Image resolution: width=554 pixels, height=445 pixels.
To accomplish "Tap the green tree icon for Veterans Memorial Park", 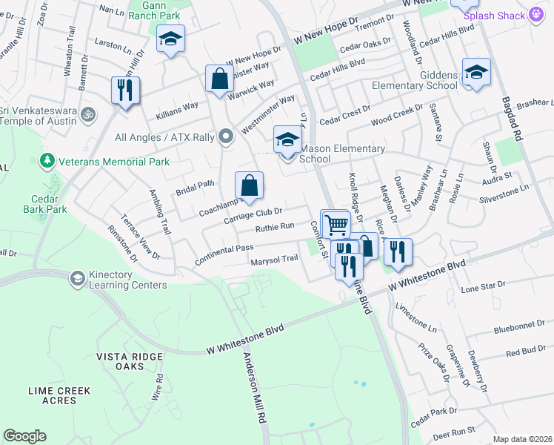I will point(47,160).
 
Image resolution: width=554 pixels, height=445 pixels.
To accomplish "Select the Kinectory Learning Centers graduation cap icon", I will point(76,279).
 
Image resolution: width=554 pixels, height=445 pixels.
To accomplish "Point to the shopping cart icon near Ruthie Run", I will point(336,223).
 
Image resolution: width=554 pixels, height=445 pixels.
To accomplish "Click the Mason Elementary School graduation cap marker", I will point(287,139).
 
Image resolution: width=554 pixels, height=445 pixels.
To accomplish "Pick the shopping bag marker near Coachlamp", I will point(250,185).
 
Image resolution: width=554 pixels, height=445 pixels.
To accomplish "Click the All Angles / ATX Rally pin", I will point(227,137).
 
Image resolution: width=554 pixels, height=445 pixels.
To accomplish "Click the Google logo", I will point(24,436).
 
